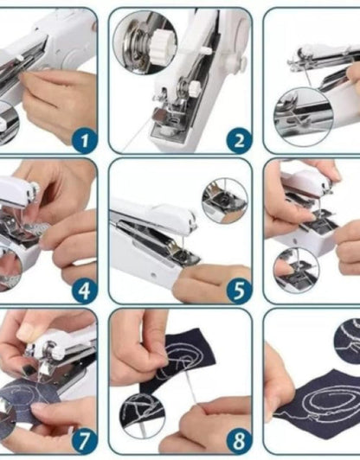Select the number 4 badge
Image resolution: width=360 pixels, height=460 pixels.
pos(83,290)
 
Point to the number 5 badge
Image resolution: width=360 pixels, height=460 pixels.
pos(239,290)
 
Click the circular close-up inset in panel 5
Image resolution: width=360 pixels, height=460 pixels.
pos(224,201)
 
